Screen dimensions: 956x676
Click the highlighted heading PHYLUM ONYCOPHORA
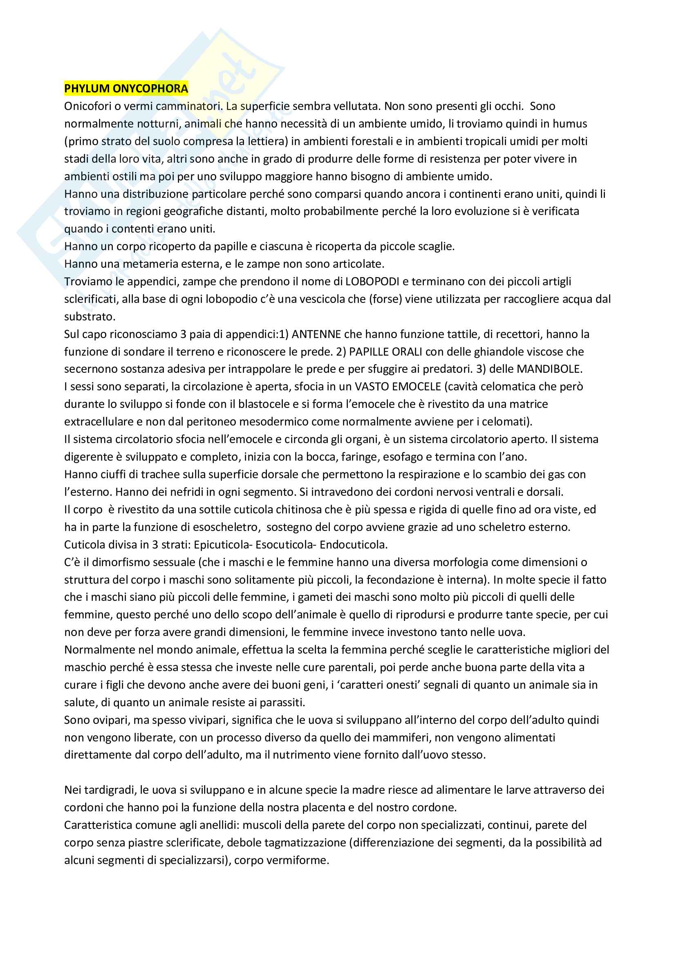point(126,89)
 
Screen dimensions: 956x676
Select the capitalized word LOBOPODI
point(372,282)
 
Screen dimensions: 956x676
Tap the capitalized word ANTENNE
point(316,334)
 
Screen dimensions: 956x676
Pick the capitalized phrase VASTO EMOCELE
point(398,386)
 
